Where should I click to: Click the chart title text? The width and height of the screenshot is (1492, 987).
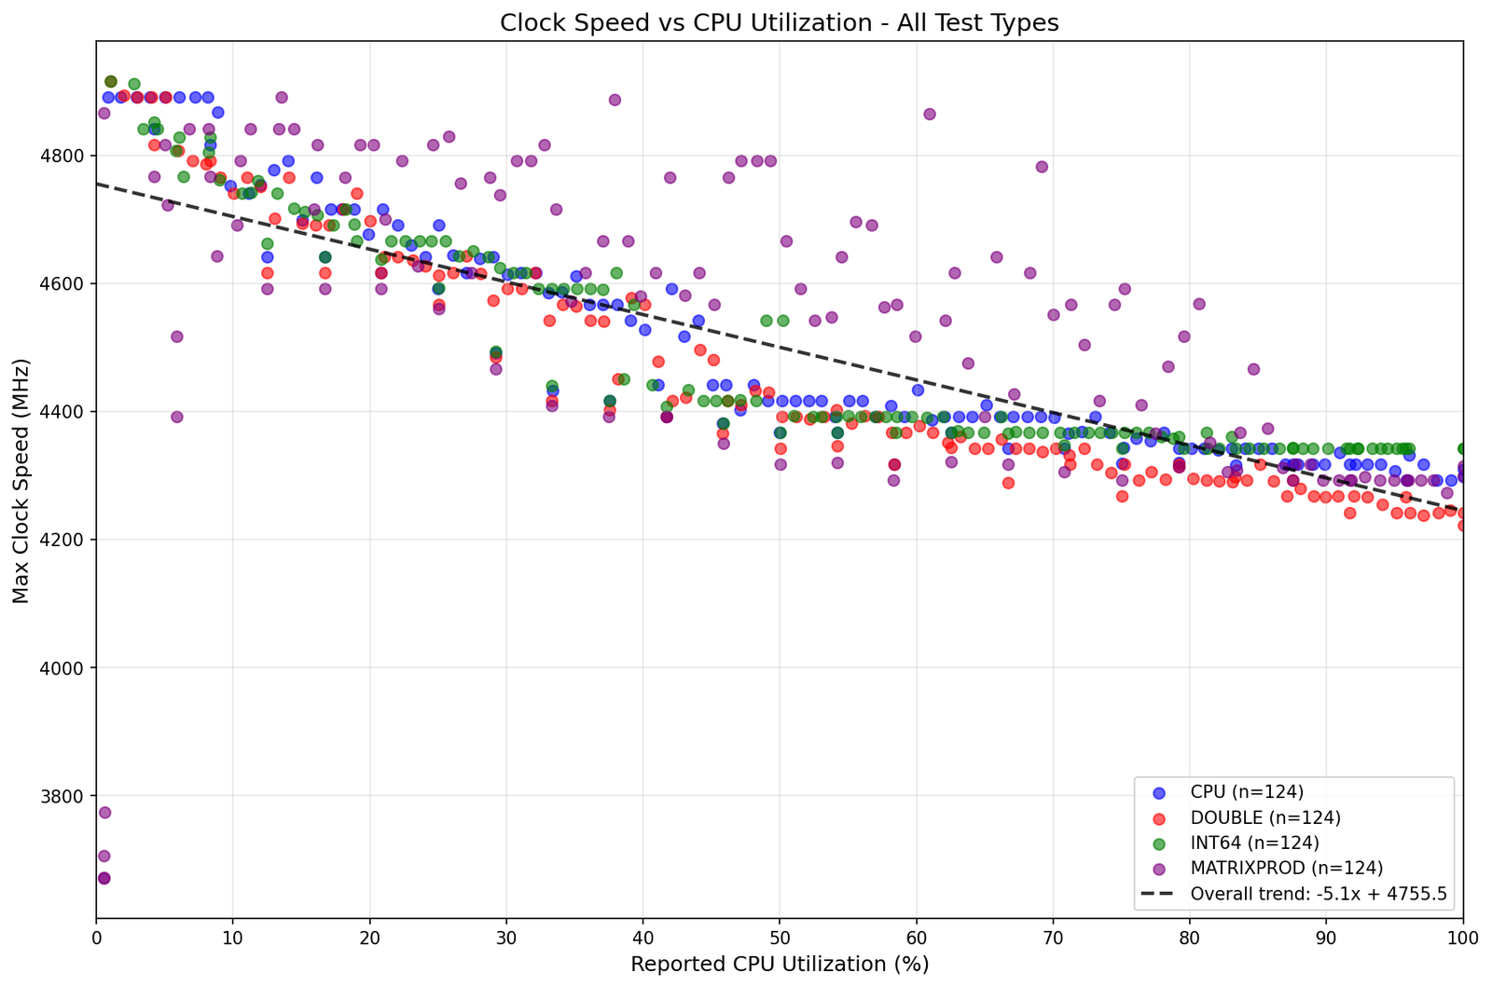779,22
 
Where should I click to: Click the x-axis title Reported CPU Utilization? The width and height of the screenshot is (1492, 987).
779,964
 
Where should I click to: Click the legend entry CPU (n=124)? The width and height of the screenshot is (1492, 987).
1247,792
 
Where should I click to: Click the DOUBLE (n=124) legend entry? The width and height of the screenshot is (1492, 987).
1265,817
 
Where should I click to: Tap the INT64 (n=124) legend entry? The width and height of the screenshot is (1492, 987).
1255,843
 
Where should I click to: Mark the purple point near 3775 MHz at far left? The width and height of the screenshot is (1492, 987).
104,813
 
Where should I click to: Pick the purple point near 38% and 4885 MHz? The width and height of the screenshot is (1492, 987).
615,100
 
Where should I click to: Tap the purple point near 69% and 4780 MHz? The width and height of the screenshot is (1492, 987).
1042,167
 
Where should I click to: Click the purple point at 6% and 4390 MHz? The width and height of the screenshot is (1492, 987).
177,417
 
